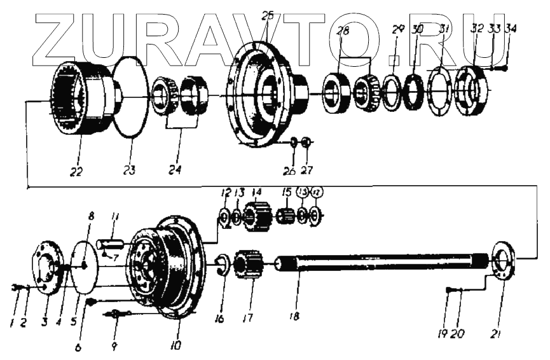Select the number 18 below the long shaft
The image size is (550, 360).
[298, 314]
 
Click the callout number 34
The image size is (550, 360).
[511, 29]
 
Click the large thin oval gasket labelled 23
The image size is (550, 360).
[132, 95]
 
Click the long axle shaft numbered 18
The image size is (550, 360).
[382, 261]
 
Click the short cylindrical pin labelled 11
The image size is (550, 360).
[114, 244]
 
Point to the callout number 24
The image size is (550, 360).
[174, 170]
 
